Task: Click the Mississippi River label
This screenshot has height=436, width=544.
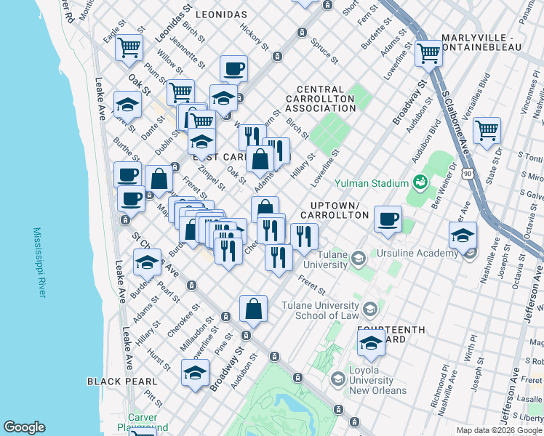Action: (x=39, y=262)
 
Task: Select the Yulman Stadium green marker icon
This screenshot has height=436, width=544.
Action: (x=419, y=182)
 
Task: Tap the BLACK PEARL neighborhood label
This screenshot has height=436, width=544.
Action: (x=121, y=381)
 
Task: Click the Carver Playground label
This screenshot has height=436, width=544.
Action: (x=148, y=422)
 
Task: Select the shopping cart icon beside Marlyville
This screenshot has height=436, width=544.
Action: (x=429, y=52)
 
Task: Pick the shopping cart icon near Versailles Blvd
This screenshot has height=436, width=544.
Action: (x=487, y=130)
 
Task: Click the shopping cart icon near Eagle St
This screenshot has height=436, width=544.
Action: (x=129, y=47)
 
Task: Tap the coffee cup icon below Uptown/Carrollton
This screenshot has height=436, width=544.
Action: (x=388, y=218)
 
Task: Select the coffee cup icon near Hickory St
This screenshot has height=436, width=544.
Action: (x=233, y=68)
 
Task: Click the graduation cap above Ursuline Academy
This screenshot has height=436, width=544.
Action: (x=463, y=235)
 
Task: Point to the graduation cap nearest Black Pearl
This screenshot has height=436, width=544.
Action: (x=195, y=373)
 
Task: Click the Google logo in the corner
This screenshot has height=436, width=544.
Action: (x=24, y=427)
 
